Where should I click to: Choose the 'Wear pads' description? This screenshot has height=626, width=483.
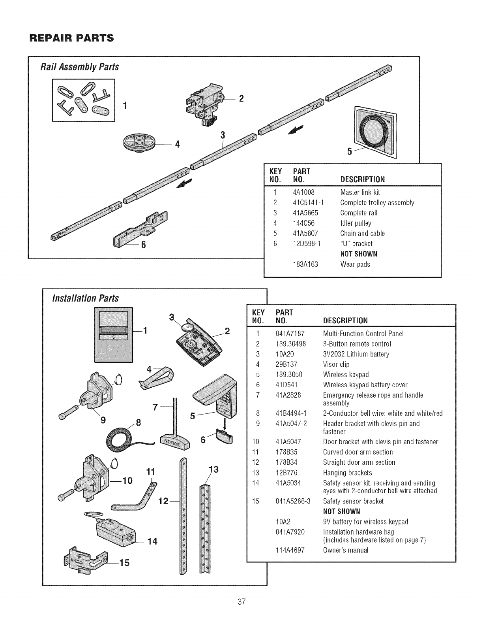[355, 264]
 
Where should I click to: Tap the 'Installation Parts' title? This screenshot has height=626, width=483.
[86, 298]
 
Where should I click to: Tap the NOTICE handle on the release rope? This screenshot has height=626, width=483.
[174, 442]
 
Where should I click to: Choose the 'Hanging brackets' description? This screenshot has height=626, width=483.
[347, 473]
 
